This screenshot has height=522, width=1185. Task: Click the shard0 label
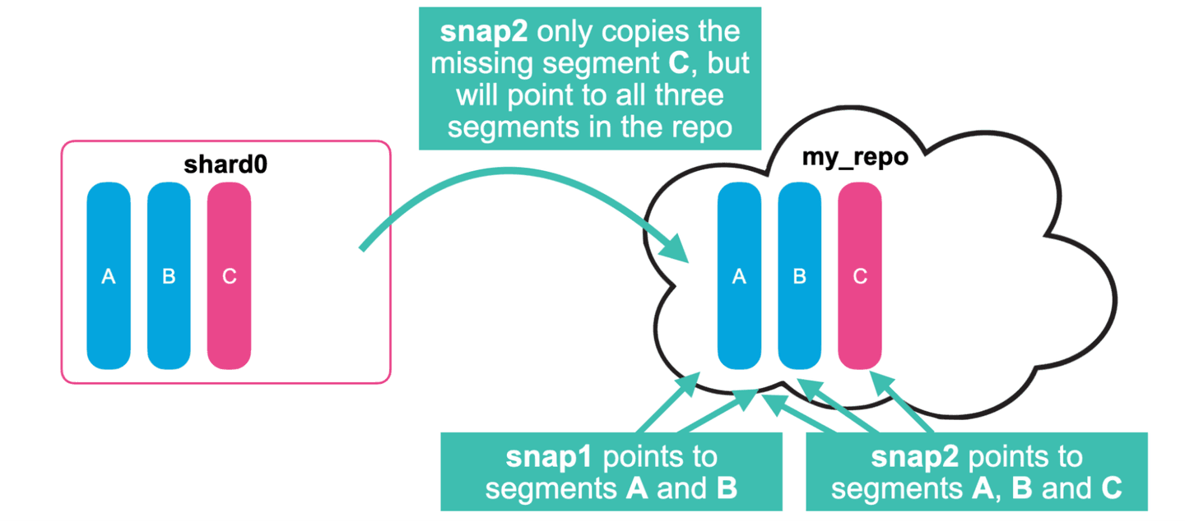tap(225, 164)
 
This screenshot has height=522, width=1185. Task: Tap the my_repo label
tap(855, 156)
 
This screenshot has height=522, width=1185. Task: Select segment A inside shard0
tap(109, 276)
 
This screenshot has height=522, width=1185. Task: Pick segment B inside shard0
tap(169, 276)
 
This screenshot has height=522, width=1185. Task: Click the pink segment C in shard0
tap(229, 276)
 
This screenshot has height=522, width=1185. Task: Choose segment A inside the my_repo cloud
tap(739, 276)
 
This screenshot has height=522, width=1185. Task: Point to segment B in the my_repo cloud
tap(799, 276)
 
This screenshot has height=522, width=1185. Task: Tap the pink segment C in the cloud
tap(860, 276)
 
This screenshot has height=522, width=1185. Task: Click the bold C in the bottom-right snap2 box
tap(1111, 488)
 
